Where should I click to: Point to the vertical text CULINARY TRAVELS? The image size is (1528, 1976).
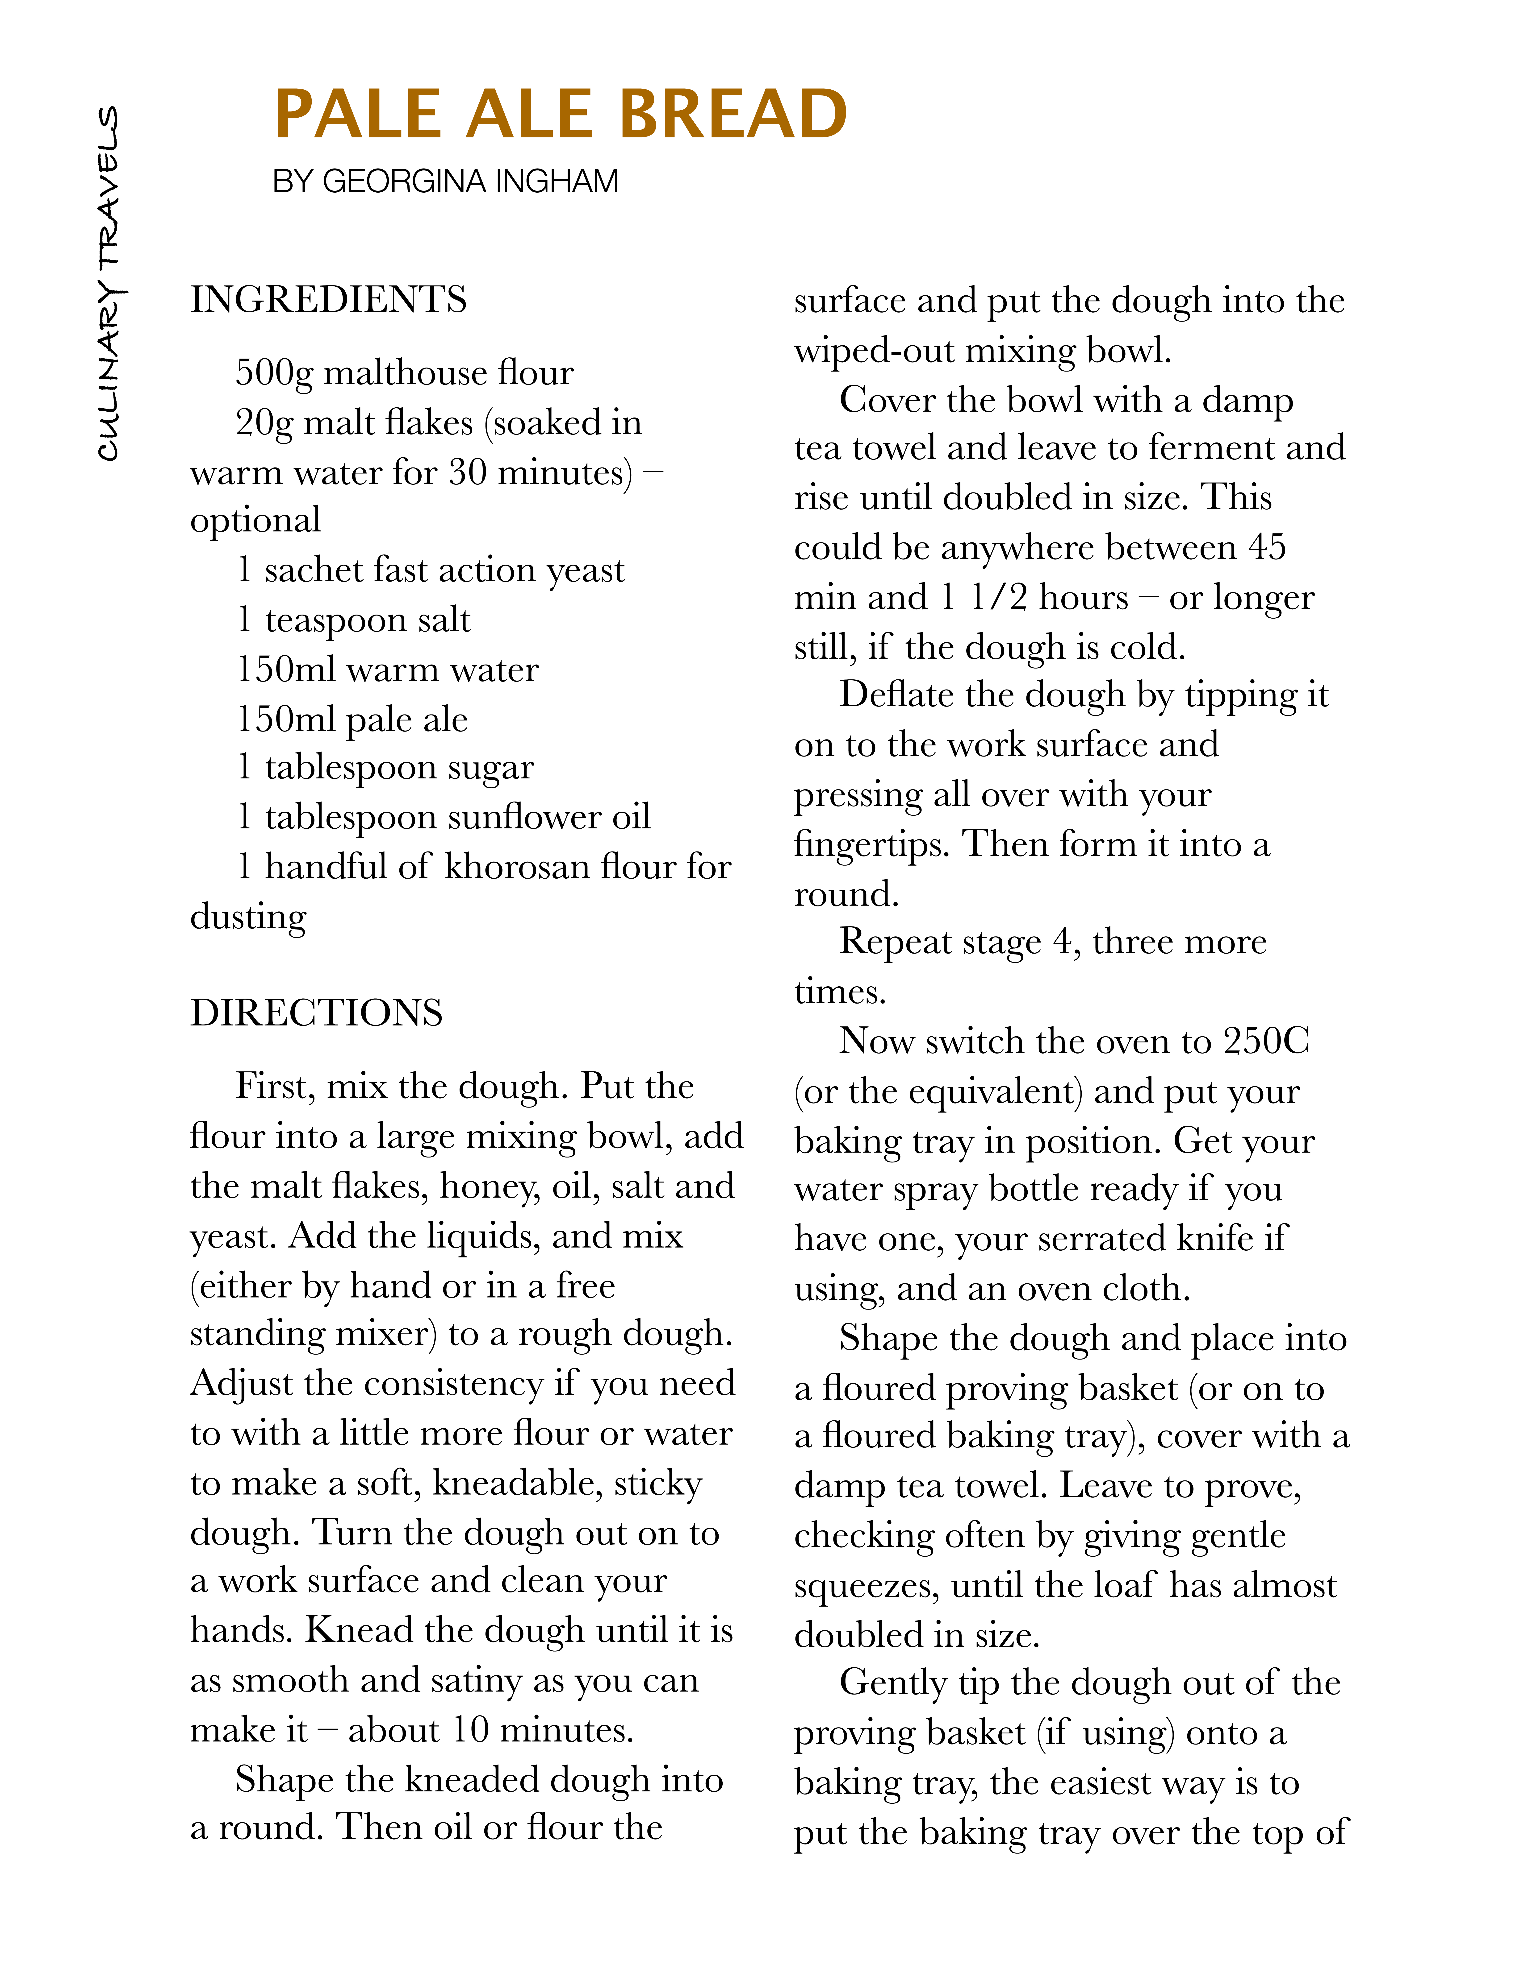(x=109, y=283)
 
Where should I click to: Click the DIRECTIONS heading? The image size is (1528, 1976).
(x=316, y=1013)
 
